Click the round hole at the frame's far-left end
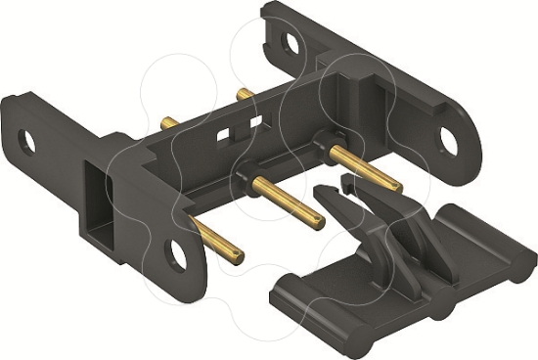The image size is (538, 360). click(27, 143)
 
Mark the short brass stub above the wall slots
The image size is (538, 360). click(245, 95)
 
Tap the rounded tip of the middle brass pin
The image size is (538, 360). click(321, 222)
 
